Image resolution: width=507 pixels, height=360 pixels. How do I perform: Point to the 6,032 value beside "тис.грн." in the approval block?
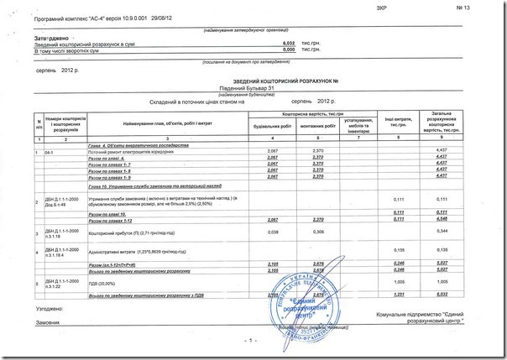[x=288, y=44]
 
